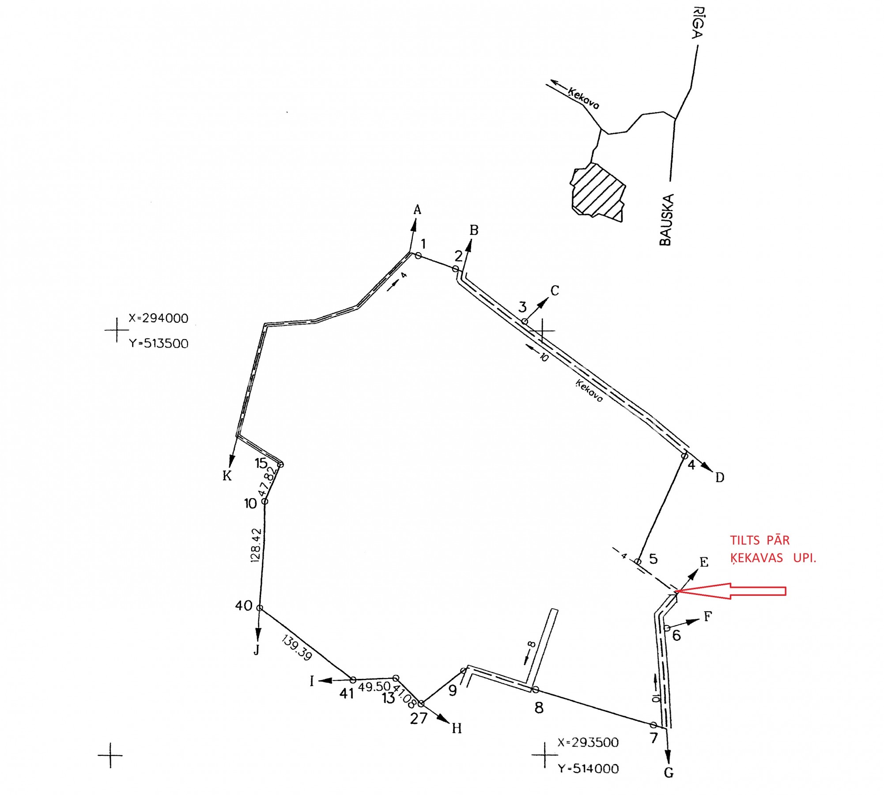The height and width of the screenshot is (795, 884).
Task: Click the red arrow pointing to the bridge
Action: [733, 591]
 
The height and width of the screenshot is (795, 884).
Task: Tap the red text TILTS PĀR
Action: [759, 540]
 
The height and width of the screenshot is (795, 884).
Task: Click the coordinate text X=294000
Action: [159, 318]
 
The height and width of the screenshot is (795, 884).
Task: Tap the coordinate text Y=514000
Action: [588, 769]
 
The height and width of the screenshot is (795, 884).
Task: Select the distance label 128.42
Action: [256, 545]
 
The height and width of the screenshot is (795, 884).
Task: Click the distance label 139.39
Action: [297, 647]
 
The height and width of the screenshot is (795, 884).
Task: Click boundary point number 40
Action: [243, 606]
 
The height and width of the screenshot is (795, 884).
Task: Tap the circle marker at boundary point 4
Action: [684, 456]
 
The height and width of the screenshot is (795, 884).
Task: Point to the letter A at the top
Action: [417, 210]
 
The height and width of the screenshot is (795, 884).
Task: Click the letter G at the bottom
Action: [669, 772]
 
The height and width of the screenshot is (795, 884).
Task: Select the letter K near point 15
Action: [227, 476]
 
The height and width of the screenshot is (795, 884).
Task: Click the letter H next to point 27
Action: [457, 728]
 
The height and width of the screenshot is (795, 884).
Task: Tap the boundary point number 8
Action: [539, 708]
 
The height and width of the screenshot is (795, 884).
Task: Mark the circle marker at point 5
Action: [638, 562]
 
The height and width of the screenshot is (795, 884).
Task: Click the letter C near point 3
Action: [555, 291]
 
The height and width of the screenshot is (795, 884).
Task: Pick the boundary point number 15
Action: [261, 463]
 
